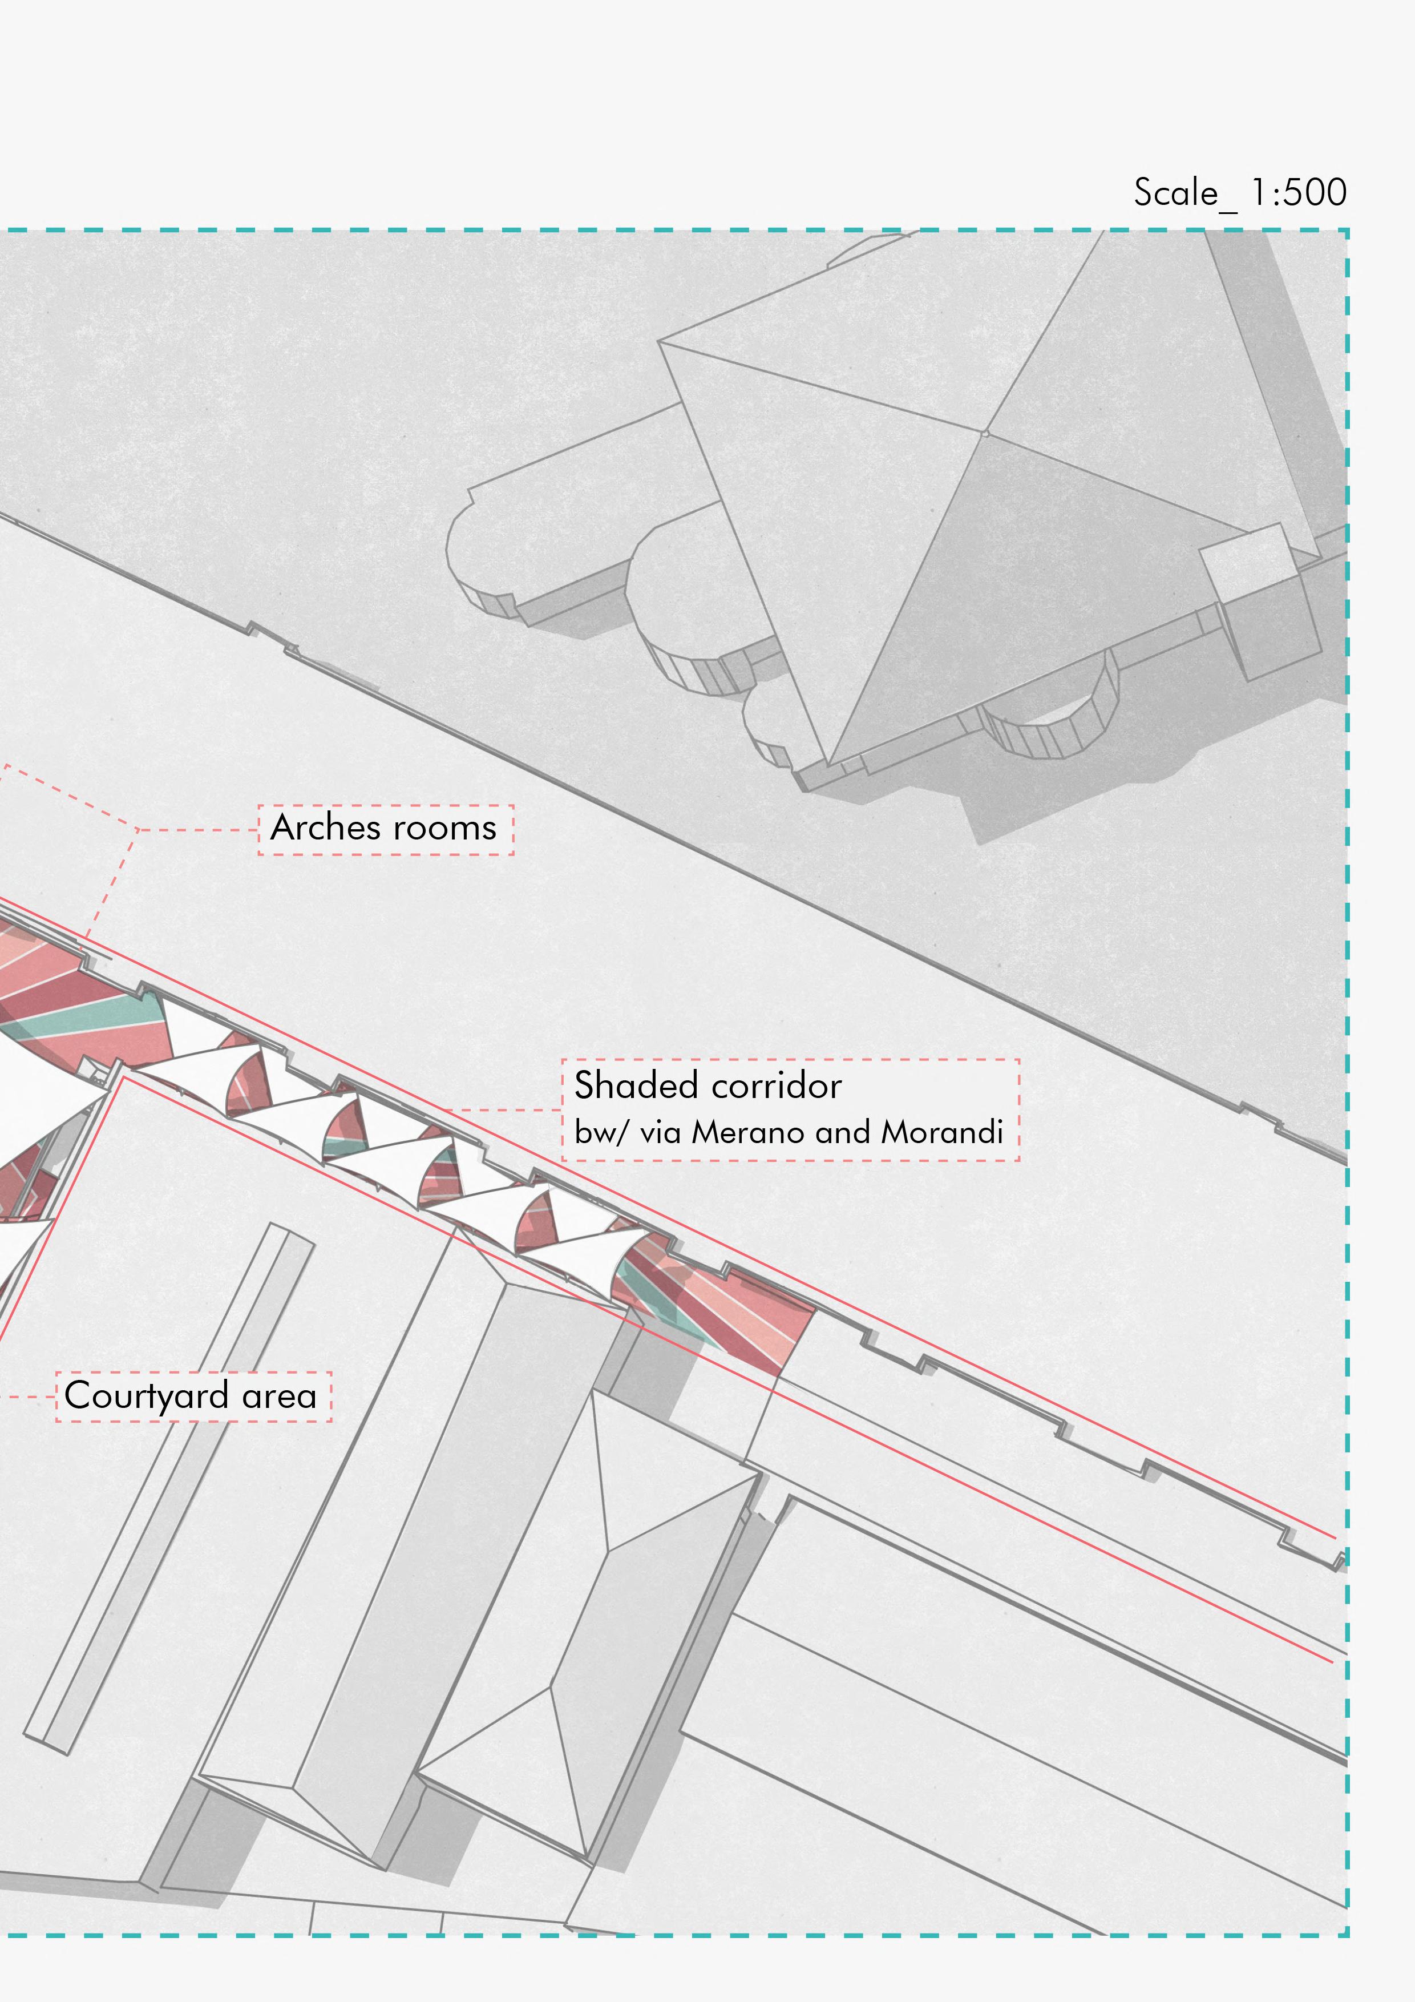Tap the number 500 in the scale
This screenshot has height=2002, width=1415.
click(1316, 193)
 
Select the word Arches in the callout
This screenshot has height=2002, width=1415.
click(326, 828)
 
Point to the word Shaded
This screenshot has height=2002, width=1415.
click(636, 1085)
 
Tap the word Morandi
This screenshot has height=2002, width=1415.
click(941, 1132)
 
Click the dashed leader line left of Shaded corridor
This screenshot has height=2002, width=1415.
click(506, 1110)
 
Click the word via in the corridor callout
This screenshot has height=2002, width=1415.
click(660, 1132)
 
